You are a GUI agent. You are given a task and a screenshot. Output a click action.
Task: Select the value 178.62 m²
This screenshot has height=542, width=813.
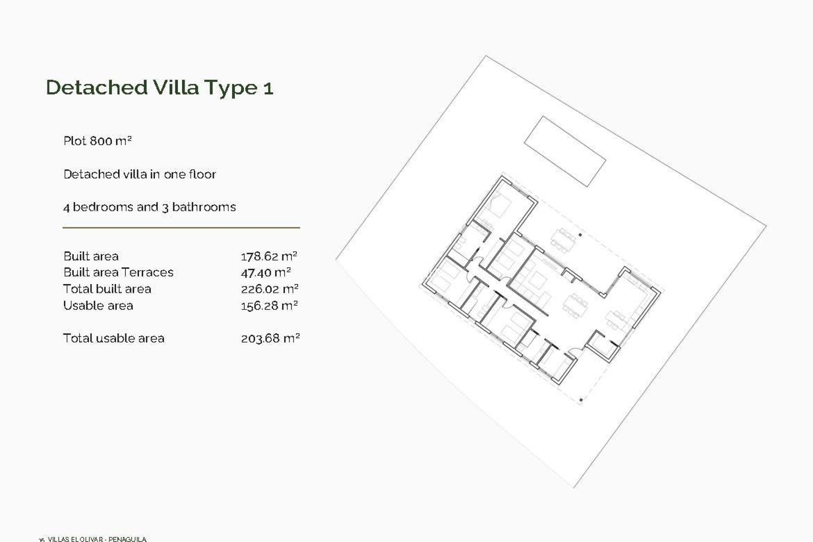[x=269, y=256]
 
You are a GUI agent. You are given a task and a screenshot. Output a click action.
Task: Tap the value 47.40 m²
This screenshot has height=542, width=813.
[x=265, y=272]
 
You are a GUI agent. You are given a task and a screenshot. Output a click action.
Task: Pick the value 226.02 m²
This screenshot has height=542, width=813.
[x=269, y=289]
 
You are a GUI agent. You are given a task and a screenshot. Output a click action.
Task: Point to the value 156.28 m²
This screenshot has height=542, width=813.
[x=269, y=306]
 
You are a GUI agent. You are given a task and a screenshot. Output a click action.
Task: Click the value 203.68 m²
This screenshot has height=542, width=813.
[x=270, y=338]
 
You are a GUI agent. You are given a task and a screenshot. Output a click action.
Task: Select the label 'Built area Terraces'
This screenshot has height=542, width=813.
[x=118, y=272]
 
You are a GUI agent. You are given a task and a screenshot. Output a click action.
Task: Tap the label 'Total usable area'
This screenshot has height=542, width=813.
[x=113, y=338]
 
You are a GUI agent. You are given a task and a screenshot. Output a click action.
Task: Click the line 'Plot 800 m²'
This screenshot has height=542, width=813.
[x=97, y=141]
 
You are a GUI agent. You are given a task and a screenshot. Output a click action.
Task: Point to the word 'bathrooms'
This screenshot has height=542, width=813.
[x=204, y=207]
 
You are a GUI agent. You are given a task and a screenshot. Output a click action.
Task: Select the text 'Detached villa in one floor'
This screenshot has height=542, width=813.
[x=139, y=174]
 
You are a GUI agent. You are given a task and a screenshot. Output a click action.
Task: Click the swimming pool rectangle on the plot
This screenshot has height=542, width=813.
[x=565, y=151]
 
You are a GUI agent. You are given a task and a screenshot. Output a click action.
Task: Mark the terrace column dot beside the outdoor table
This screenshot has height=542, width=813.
[x=580, y=235]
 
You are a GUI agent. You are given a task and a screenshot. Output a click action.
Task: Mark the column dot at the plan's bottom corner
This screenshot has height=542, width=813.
[x=581, y=400]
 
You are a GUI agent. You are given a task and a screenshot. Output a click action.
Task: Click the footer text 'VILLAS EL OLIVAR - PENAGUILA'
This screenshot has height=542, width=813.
[x=97, y=539]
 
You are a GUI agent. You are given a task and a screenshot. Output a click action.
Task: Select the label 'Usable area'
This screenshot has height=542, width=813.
[x=98, y=306]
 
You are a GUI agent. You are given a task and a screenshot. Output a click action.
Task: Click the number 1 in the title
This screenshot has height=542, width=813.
[x=268, y=88]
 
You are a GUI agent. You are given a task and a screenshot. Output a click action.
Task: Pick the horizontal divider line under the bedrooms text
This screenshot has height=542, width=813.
[x=181, y=228]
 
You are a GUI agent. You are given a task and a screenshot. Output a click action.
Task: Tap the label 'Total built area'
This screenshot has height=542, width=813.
[x=107, y=289]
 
